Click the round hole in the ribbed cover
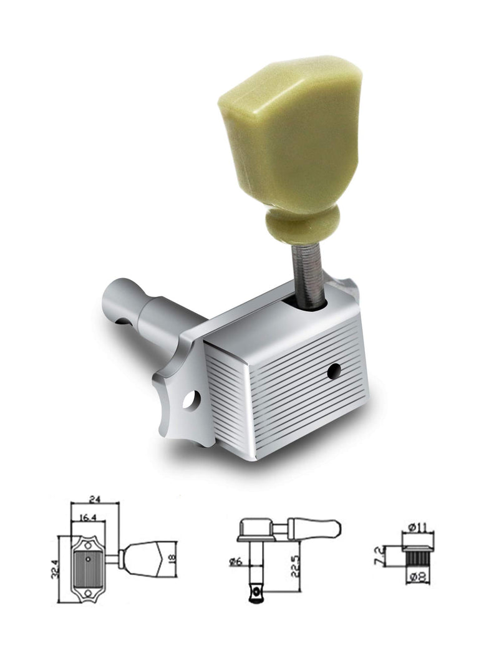[x=334, y=370]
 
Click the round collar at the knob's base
[x=303, y=226]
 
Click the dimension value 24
[x=95, y=499]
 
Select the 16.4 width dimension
[x=87, y=518]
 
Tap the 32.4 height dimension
[x=55, y=569]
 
